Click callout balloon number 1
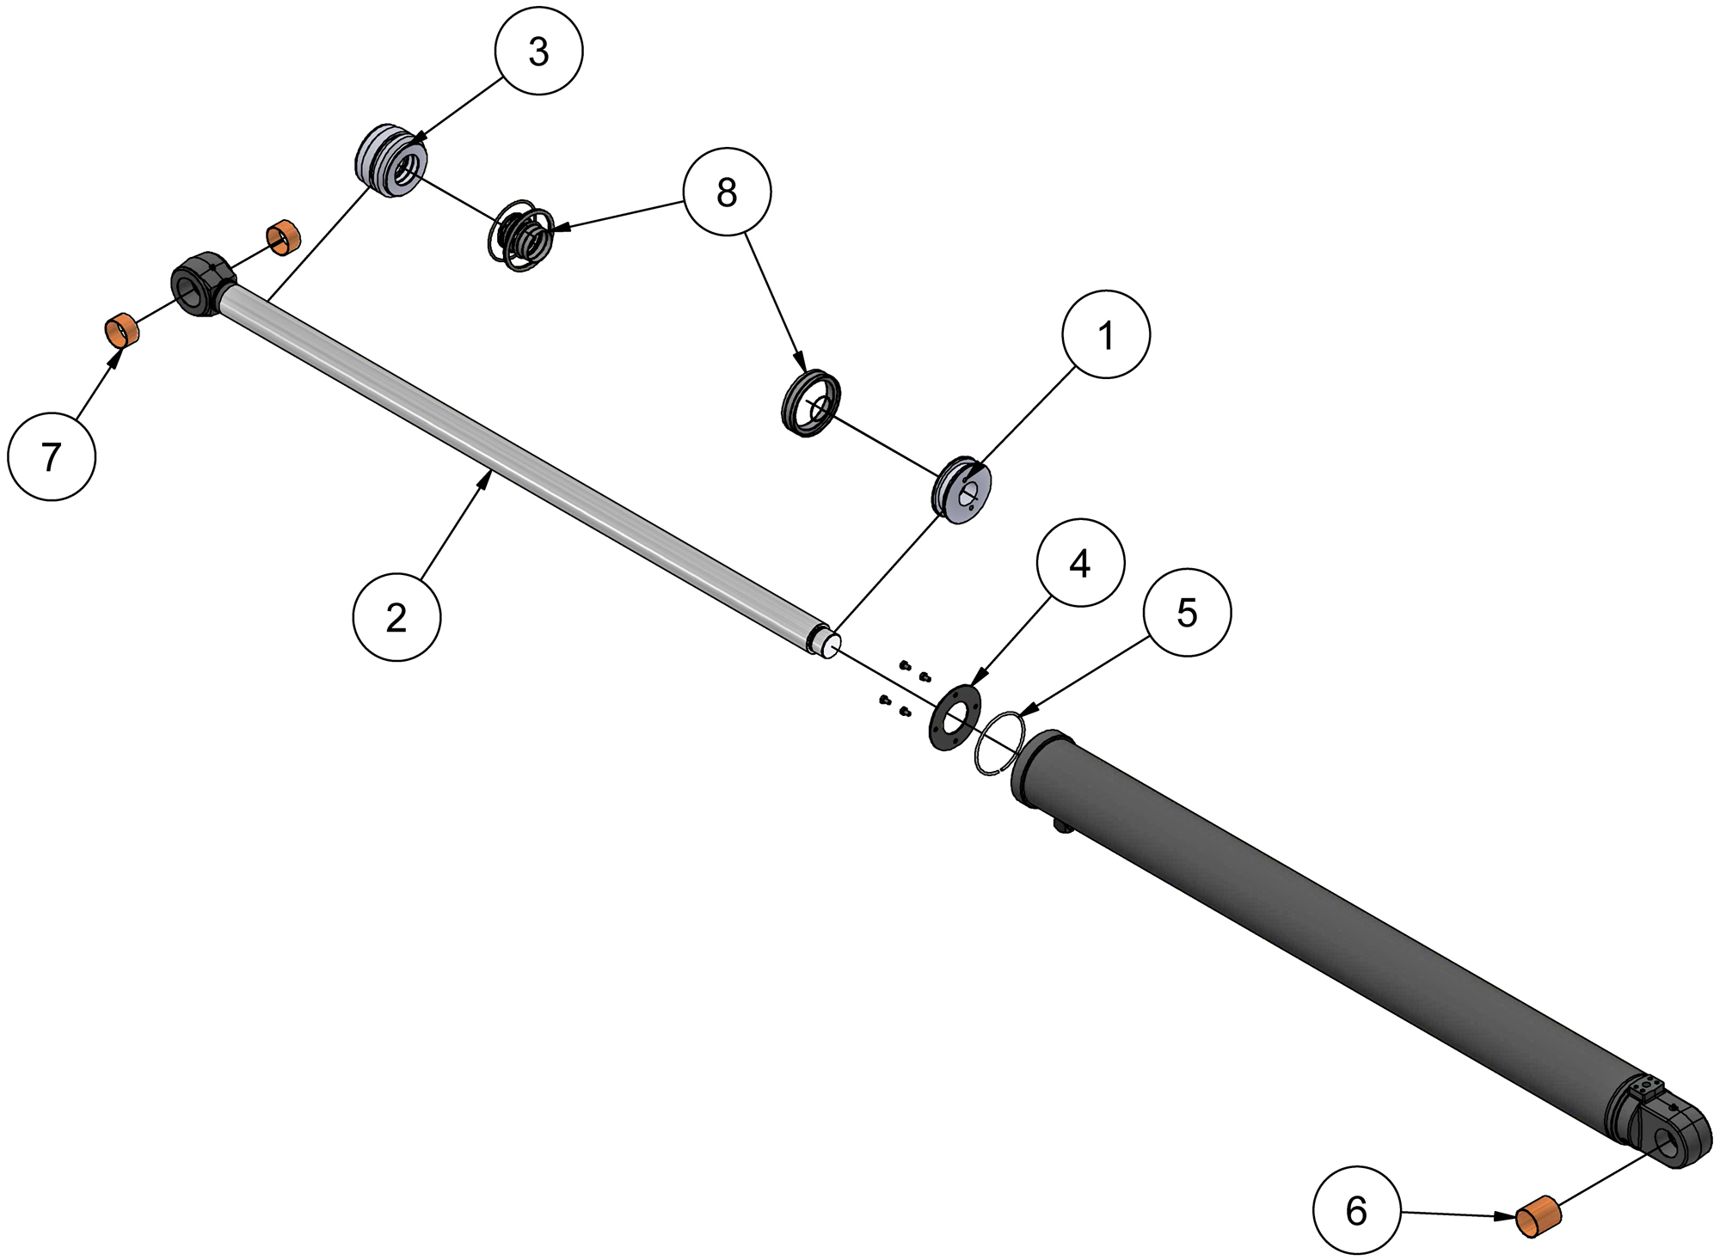coord(1106,334)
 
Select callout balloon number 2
coord(396,617)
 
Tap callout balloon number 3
coord(538,51)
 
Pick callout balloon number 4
coord(1080,563)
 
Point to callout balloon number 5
coord(1187,613)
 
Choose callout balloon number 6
coord(1356,1210)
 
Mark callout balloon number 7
coord(52,456)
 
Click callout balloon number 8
coord(727,192)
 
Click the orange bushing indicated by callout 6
coord(1538,1216)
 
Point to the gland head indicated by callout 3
coord(392,161)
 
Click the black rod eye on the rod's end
coord(202,284)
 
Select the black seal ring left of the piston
coord(810,403)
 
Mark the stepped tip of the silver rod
coord(827,645)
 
